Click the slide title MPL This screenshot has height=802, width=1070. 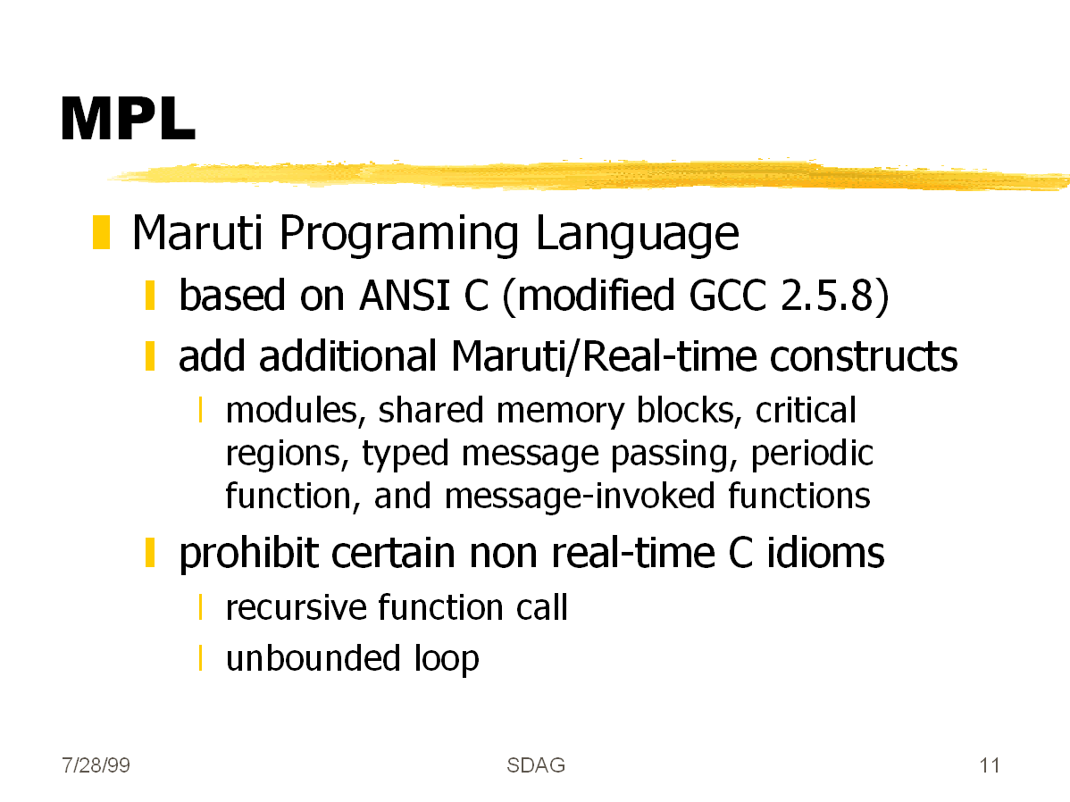tap(129, 119)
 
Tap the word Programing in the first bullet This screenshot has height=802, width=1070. tap(398, 235)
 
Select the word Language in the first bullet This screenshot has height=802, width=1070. tap(637, 235)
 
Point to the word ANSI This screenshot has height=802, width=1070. tap(404, 296)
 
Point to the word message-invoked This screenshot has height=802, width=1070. tap(580, 497)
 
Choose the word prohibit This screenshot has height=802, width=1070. tap(248, 554)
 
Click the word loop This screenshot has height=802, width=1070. tap(447, 660)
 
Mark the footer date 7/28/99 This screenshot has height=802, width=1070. tap(96, 765)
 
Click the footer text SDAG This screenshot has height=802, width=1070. tap(536, 765)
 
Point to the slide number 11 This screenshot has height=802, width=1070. tap(990, 765)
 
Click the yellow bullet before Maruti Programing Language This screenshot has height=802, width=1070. tap(101, 232)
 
